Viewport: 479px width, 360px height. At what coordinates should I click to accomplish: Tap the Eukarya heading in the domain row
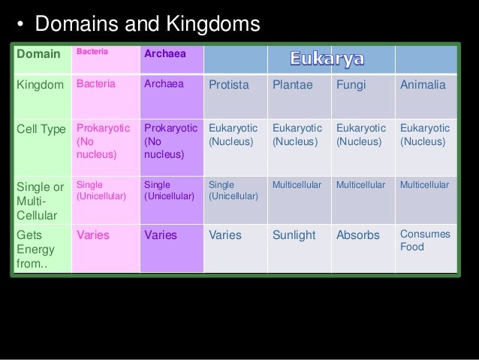point(327,58)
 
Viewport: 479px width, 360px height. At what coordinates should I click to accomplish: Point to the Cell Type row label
point(41,129)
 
